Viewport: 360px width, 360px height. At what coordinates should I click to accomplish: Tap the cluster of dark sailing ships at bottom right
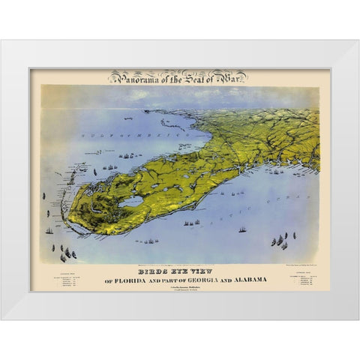pyautogui.click(x=280, y=241)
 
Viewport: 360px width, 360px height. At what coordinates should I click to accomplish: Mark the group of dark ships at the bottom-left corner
pyautogui.click(x=66, y=253)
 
